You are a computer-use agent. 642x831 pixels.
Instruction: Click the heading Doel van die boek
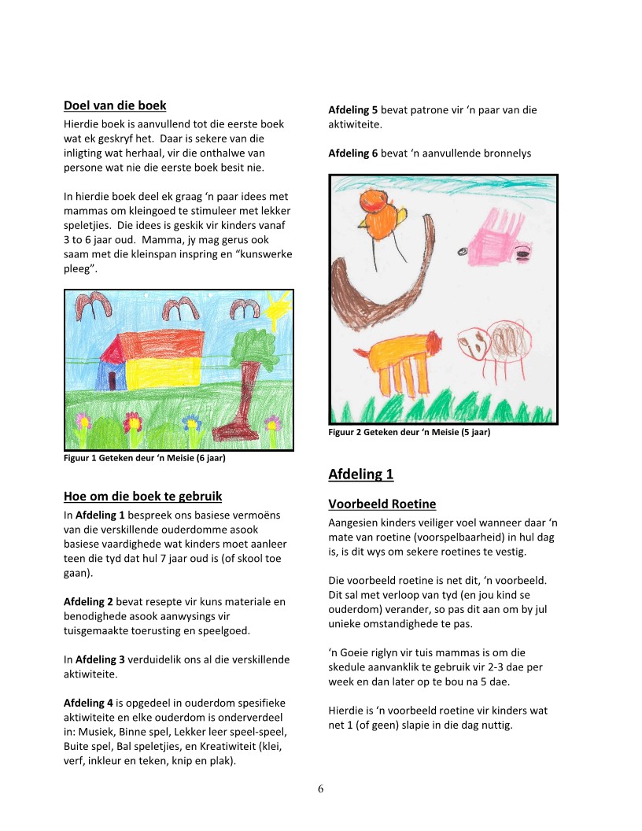[x=114, y=105]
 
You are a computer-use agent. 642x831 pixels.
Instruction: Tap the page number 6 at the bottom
[x=321, y=789]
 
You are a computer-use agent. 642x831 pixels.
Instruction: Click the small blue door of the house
[x=112, y=380]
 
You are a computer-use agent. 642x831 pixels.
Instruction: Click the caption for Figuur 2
[x=409, y=432]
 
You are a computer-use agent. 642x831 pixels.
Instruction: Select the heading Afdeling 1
[x=360, y=475]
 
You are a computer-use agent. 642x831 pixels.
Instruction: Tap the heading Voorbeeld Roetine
[x=382, y=504]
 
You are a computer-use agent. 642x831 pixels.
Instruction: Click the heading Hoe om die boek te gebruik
[x=142, y=497]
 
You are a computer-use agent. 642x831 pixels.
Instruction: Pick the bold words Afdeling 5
[x=352, y=110]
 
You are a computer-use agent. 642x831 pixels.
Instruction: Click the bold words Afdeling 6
[x=352, y=153]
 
